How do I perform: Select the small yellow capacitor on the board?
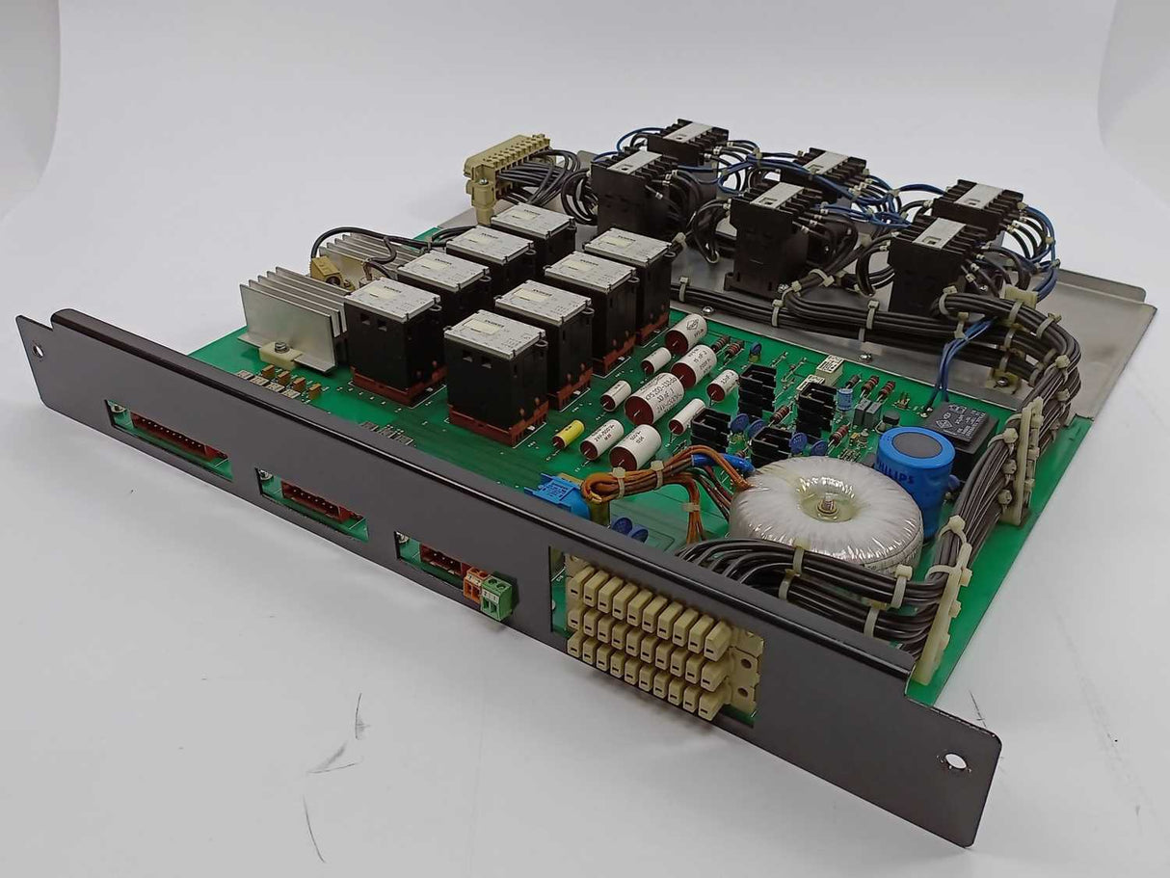pyautogui.click(x=569, y=435)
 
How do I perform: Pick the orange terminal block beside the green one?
pyautogui.click(x=475, y=583)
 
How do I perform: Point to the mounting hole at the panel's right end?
pyautogui.click(x=954, y=761)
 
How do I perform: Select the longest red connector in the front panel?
pyautogui.click(x=177, y=437)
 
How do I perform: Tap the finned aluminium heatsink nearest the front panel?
pyautogui.click(x=289, y=313)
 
